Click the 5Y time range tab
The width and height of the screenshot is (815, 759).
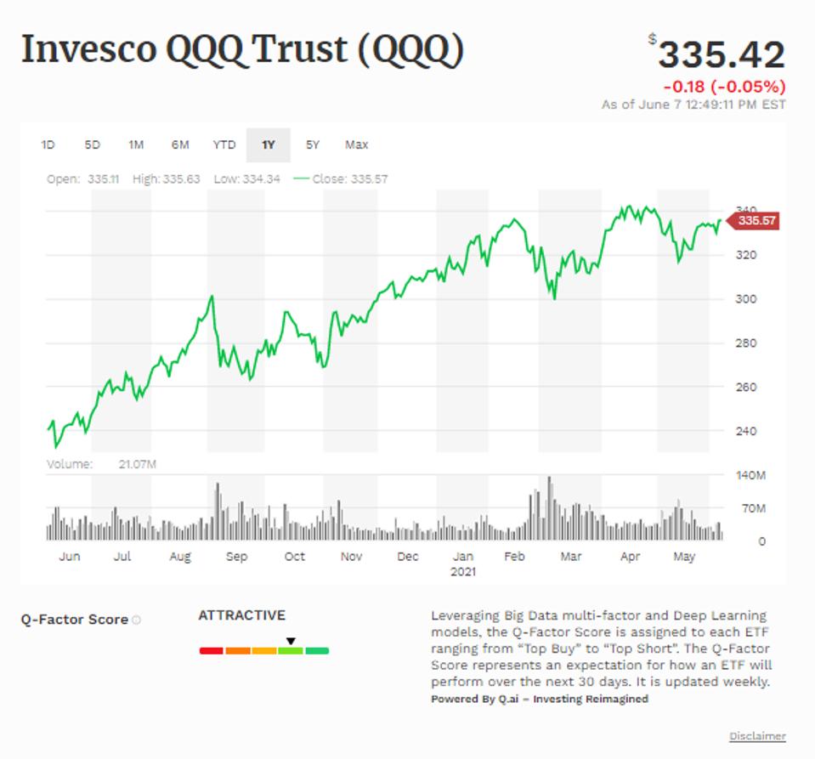click(313, 145)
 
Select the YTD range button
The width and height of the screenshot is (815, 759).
click(224, 145)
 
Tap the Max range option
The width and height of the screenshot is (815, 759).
click(357, 145)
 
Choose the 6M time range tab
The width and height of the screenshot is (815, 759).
click(180, 145)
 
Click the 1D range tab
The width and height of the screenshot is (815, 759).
click(48, 145)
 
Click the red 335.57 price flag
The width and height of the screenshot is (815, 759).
click(756, 221)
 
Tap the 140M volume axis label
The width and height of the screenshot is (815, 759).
click(750, 476)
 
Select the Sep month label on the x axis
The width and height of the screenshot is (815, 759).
click(236, 557)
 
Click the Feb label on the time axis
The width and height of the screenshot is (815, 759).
click(514, 557)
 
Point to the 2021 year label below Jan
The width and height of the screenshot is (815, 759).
click(463, 572)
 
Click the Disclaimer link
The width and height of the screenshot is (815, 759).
click(757, 736)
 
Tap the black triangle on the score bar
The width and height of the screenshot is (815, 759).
click(291, 641)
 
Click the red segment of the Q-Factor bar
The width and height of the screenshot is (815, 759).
click(211, 651)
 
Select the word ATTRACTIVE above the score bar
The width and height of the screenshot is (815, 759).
click(242, 615)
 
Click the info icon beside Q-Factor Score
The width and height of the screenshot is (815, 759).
click(137, 620)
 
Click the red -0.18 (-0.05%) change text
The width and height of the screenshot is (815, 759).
click(724, 87)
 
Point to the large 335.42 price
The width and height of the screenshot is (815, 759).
click(722, 55)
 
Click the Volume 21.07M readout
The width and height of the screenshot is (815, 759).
click(102, 464)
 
